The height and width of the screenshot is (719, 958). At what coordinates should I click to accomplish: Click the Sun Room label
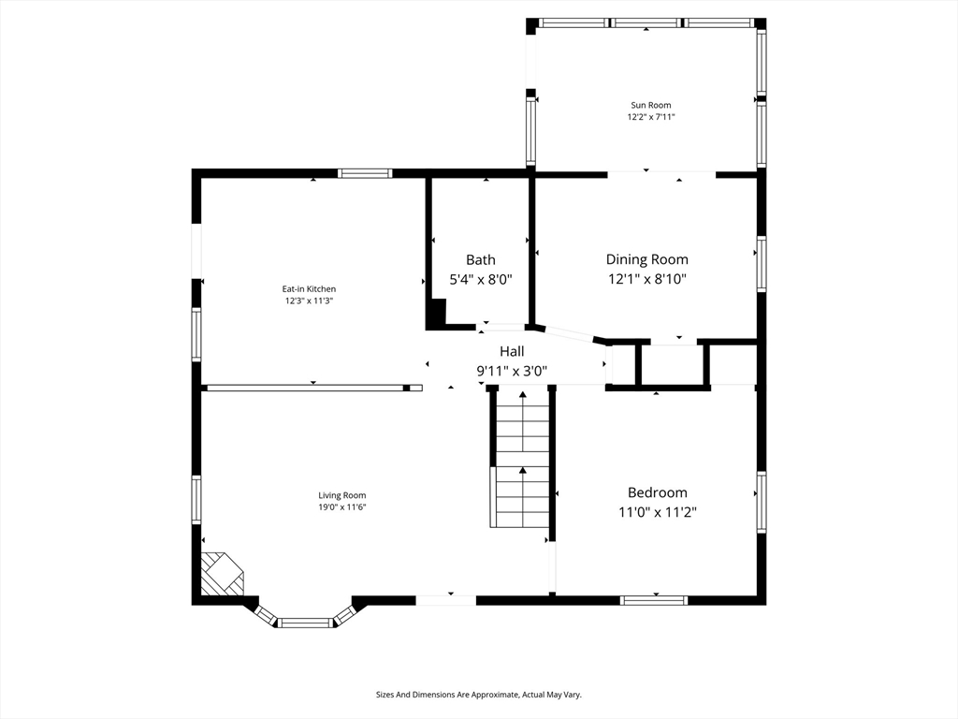pos(651,105)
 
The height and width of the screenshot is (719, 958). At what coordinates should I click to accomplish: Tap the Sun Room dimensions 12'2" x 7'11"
pos(651,117)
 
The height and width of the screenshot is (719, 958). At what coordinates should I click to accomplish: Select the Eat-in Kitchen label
pos(309,289)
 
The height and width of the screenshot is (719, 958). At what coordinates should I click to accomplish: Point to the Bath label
pos(481,260)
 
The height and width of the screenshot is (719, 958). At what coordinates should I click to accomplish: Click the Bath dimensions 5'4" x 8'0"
pos(481,279)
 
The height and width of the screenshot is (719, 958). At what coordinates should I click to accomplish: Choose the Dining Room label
pos(647,260)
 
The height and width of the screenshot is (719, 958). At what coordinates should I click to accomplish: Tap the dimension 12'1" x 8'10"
pos(647,279)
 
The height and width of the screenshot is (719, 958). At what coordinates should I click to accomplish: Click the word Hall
pos(512,352)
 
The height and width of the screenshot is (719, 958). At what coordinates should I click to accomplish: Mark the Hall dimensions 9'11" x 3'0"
pos(512,371)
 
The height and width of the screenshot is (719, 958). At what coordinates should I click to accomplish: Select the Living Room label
pos(342,496)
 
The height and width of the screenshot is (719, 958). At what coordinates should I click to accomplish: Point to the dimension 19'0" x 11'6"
pos(342,507)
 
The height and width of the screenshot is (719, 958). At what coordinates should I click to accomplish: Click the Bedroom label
pos(658,492)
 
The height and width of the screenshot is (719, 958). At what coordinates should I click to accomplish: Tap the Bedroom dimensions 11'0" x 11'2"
pos(658,512)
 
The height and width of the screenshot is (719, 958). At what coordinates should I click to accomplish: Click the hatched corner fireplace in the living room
pos(221,574)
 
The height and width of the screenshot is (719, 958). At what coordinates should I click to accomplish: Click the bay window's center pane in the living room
pos(306,623)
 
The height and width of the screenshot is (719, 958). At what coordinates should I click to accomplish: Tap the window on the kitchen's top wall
pos(365,173)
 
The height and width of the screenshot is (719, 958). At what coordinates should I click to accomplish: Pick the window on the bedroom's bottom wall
pos(654,600)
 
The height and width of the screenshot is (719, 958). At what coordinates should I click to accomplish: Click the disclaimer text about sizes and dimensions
pos(478,695)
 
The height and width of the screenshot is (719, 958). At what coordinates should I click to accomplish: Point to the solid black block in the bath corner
pos(437,314)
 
